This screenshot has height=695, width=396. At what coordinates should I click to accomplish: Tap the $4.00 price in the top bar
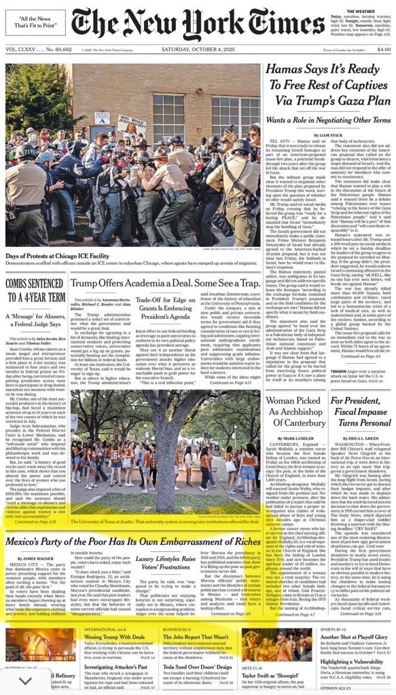pyautogui.click(x=383, y=50)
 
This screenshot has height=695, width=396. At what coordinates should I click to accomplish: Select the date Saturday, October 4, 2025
pyautogui.click(x=198, y=50)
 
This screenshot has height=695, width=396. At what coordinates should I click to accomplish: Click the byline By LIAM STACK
pyautogui.click(x=329, y=136)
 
